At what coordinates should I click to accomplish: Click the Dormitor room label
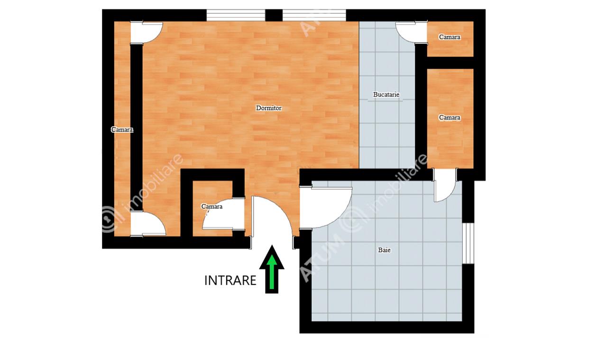tap(268, 108)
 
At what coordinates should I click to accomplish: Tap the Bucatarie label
tap(386, 94)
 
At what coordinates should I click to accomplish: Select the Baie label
tap(384, 250)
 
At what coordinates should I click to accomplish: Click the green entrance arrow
tap(272, 269)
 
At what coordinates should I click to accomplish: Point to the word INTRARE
tap(230, 281)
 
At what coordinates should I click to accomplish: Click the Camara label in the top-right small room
tap(450, 37)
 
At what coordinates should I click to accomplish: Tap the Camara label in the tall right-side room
tap(450, 117)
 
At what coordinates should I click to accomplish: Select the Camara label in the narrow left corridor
tap(122, 129)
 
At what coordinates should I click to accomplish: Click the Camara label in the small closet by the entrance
tap(212, 207)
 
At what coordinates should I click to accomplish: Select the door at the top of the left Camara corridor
tap(147, 32)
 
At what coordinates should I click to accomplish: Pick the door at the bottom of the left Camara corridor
tap(148, 224)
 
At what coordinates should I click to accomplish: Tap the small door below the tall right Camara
tap(445, 185)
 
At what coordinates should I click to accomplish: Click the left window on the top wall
tap(236, 15)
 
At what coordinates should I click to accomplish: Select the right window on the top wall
tap(314, 15)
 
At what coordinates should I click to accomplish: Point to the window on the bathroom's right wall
tap(468, 243)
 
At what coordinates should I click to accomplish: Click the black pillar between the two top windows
tap(274, 15)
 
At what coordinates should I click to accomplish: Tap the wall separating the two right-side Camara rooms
tap(451, 63)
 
